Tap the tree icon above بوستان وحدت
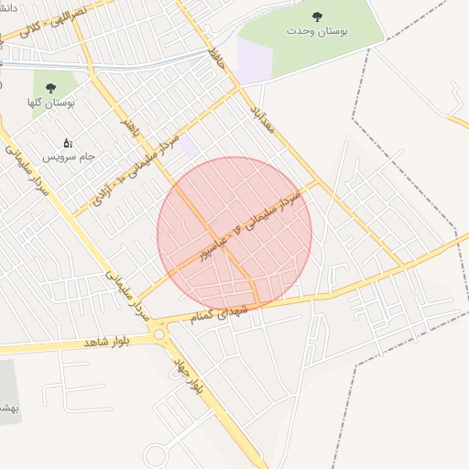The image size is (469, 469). [x=317, y=16]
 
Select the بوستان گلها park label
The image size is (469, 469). [x=51, y=104]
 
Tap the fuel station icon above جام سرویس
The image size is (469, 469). [x=67, y=143]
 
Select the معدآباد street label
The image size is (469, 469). [x=262, y=115]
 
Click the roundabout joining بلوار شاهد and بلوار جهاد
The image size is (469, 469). [x=163, y=335]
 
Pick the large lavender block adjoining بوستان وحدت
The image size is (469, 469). [x=255, y=60]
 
